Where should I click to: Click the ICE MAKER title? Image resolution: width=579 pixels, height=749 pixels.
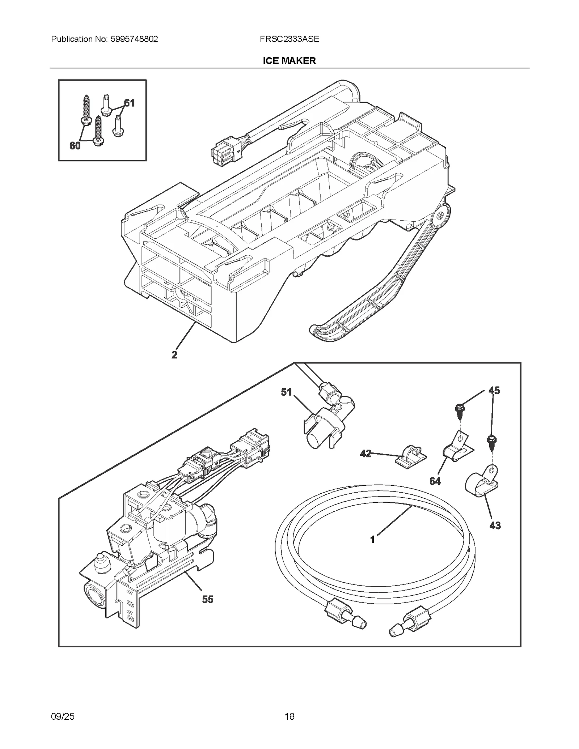[x=289, y=61]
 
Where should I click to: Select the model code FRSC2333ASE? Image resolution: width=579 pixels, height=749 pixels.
[x=289, y=39]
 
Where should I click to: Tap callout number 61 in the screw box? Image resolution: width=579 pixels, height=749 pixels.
[x=129, y=103]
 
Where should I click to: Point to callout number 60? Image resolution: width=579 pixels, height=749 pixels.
[x=75, y=146]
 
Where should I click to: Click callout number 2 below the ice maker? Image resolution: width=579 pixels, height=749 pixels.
[x=174, y=355]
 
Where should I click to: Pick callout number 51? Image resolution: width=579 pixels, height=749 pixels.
[x=286, y=392]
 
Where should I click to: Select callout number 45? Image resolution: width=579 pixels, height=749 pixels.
[x=494, y=391]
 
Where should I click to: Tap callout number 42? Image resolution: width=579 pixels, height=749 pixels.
[x=365, y=454]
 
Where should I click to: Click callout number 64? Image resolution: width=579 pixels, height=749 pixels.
[x=435, y=481]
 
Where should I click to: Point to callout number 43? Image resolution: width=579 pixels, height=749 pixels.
[x=495, y=525]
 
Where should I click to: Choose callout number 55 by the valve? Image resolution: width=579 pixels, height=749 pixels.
[x=208, y=599]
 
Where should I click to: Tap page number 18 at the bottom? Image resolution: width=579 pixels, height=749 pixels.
[x=289, y=716]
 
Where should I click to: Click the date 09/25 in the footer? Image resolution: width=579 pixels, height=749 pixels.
[x=63, y=716]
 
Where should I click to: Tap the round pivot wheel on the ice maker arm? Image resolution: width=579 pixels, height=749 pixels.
[x=440, y=216]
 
